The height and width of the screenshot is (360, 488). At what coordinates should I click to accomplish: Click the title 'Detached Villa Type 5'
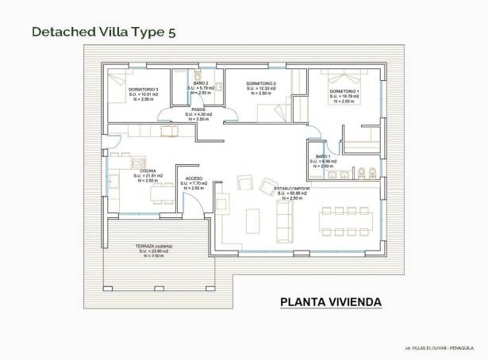pyautogui.click(x=104, y=32)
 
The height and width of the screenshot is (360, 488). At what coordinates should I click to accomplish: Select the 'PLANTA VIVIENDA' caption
pyautogui.click(x=332, y=302)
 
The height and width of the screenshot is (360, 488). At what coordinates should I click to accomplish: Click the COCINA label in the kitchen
pyautogui.click(x=148, y=170)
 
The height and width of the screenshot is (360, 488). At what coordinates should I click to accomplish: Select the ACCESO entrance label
pyautogui.click(x=194, y=178)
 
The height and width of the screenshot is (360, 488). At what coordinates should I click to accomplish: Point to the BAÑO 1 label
pyautogui.click(x=323, y=157)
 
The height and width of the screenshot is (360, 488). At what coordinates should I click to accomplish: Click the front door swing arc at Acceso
pyautogui.click(x=192, y=202)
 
